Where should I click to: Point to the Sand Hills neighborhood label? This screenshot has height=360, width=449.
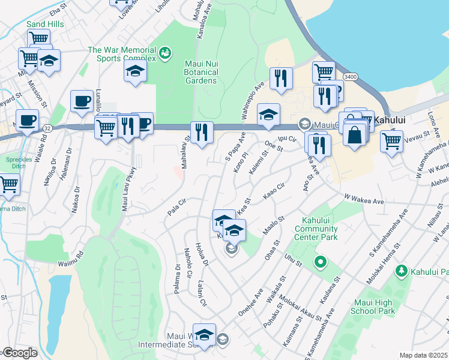(x=46, y=24)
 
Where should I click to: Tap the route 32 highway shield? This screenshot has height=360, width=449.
(x=47, y=128)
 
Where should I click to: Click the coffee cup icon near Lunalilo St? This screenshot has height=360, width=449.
(x=82, y=100)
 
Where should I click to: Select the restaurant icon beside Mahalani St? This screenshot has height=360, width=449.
(x=202, y=132)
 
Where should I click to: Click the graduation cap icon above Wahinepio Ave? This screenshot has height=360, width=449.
(x=268, y=114)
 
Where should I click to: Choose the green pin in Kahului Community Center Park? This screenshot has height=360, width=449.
(x=321, y=262)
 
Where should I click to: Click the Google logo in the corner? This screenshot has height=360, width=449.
(x=20, y=353)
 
